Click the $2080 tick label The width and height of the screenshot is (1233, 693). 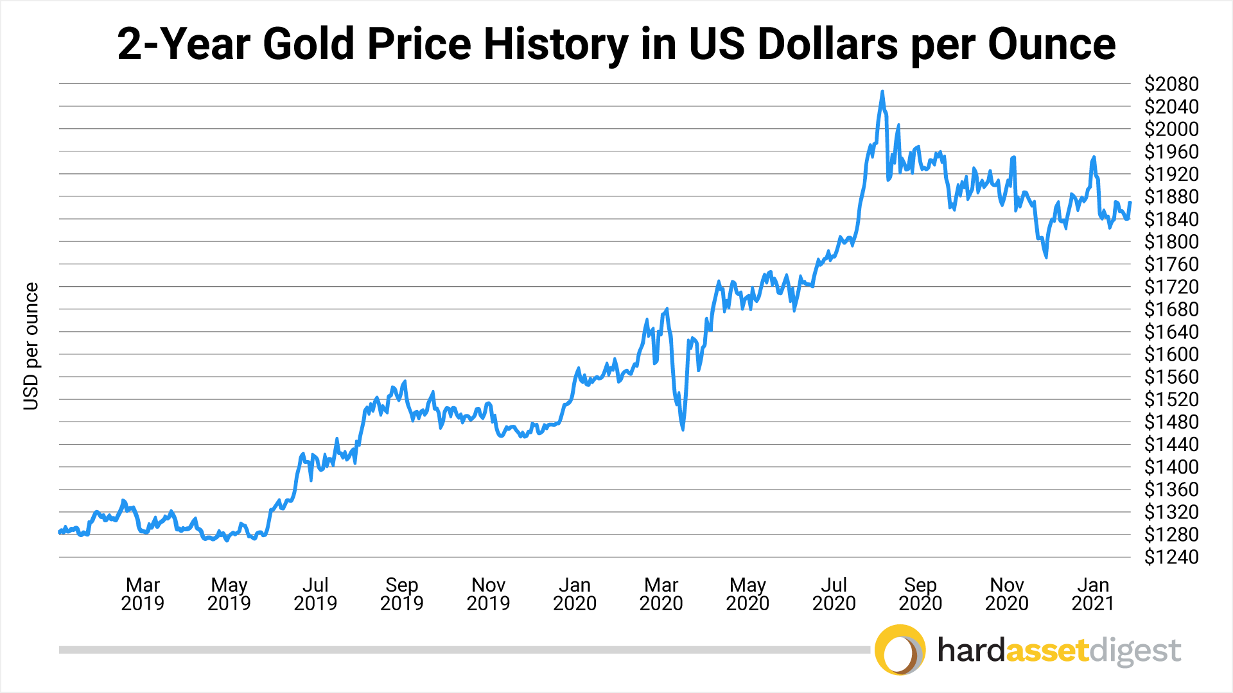pos(1171,84)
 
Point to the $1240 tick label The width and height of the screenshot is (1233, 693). pos(1171,557)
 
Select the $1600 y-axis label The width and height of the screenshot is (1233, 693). pos(1171,354)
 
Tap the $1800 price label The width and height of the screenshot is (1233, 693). pos(1171,242)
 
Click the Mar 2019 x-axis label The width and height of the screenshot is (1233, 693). pos(143,594)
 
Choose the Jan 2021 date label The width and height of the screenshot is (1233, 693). pos(1093,594)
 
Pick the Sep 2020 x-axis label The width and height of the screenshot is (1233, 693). pos(920,594)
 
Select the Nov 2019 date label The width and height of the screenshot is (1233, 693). pos(488,594)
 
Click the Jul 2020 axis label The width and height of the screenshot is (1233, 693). pos(834,594)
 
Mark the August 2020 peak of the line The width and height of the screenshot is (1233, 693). pos(882,92)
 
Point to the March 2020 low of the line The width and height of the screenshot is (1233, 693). pos(683,429)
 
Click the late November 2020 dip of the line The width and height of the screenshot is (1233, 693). pos(1046,257)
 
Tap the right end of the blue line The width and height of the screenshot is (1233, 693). pos(1130,203)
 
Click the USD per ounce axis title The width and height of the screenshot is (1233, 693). pos(31,346)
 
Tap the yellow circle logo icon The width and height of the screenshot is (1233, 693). pos(900,649)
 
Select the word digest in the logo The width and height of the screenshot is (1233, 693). pos(1135,651)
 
